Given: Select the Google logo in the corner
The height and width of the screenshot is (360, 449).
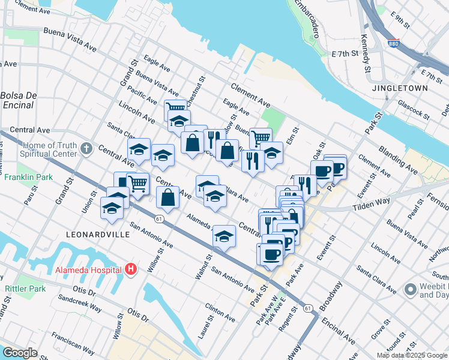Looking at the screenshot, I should pyautogui.click(x=20, y=353).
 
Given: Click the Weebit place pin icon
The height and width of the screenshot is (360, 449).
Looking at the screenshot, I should pyautogui.click(x=411, y=290).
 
